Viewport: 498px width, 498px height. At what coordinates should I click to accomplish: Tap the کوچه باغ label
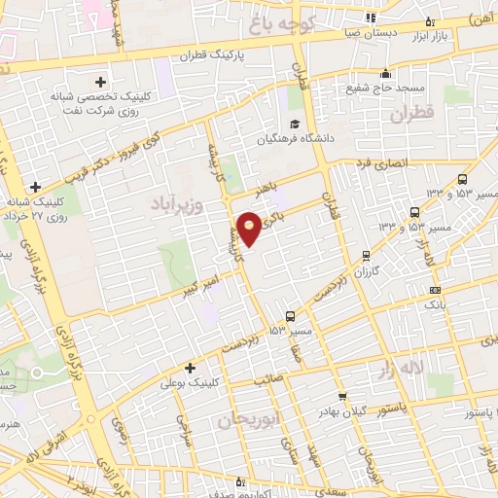point(309,20)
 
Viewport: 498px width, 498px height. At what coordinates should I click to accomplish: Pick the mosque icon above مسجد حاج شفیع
point(386,73)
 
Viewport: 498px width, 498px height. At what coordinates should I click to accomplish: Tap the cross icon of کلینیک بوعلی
point(190,368)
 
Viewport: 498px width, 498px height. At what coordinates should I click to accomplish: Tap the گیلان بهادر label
point(342,411)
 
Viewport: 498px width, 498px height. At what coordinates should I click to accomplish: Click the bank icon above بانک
point(434,289)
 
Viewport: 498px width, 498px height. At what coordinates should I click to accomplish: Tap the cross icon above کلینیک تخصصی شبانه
point(100,82)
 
